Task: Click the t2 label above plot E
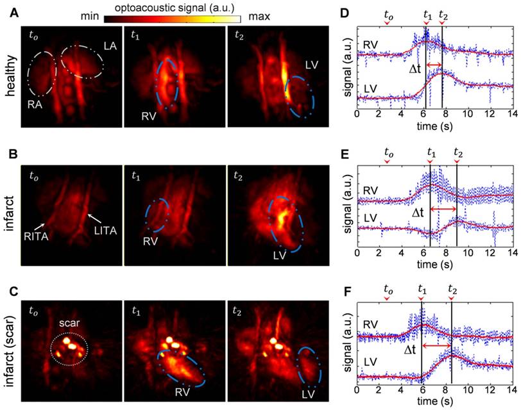click(457, 153)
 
